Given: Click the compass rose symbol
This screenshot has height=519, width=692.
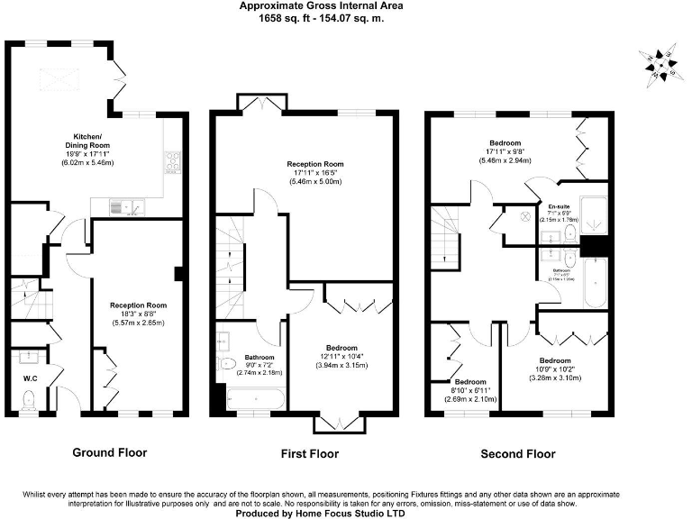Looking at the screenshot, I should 664,65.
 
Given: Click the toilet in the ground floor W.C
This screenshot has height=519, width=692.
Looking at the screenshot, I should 28,399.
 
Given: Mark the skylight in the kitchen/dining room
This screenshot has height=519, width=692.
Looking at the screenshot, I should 62,78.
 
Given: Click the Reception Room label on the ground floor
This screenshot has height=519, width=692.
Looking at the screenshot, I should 138,305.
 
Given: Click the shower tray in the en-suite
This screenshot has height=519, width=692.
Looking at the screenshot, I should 593,212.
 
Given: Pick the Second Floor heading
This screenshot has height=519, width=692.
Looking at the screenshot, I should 517,453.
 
